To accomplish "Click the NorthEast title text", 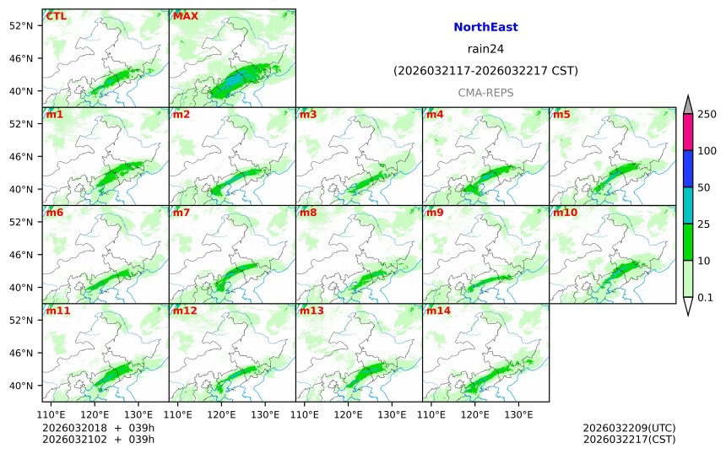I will click(x=485, y=27).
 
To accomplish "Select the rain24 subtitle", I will click(x=485, y=48).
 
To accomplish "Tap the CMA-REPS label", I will click(x=485, y=93).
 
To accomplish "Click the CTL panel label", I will click(x=57, y=16).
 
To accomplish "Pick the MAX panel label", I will click(x=185, y=16).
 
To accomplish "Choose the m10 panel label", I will click(x=565, y=213).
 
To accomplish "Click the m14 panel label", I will click(x=438, y=311).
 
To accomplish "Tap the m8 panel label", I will click(x=308, y=213).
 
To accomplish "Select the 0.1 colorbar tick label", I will click(x=705, y=297).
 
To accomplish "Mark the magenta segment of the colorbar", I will click(x=688, y=132).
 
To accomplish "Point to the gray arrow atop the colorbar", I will click(x=688, y=104).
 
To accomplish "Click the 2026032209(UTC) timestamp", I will click(x=629, y=428).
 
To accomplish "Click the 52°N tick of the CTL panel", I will click(x=20, y=25).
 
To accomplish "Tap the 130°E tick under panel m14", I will click(x=519, y=414).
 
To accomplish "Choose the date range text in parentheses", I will click(x=485, y=71).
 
